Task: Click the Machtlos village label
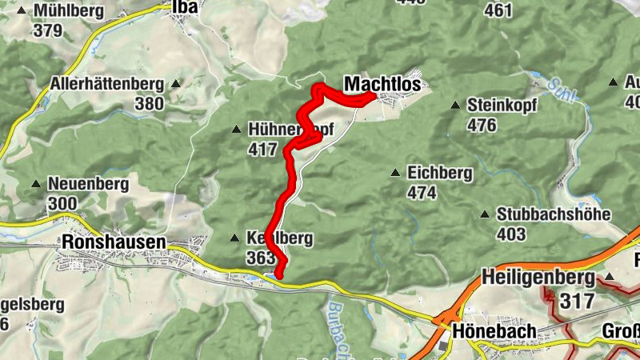coord(382,84)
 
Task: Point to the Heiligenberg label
coord(538,278)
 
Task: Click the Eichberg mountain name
coord(440,173)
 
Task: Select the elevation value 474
coord(421,193)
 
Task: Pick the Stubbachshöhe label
coord(554,214)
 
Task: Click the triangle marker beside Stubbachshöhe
coord(485,214)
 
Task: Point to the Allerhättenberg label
coord(106,83)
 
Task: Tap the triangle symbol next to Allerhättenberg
coord(175,83)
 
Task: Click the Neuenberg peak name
coord(88,184)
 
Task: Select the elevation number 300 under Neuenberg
coord(62,204)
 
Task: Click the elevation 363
coord(261,258)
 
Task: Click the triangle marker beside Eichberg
coord(394,173)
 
